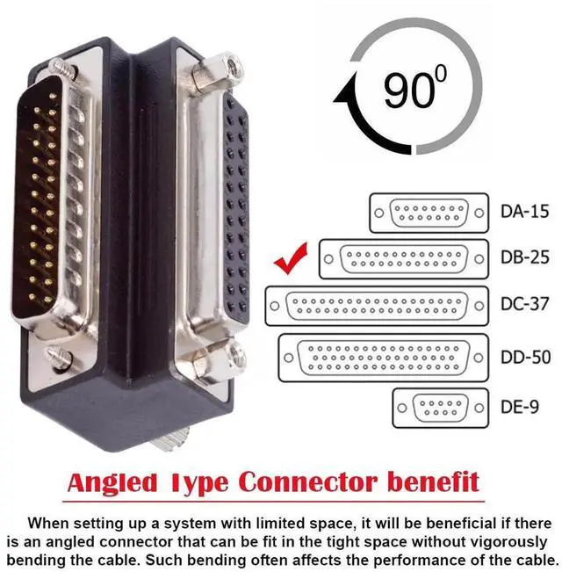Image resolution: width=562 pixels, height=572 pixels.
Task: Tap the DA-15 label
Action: click(x=524, y=212)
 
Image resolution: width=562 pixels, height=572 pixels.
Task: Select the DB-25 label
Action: click(x=524, y=259)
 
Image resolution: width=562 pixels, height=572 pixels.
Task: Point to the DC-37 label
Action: click(x=524, y=305)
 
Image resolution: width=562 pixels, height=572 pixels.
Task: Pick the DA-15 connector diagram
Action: click(x=429, y=213)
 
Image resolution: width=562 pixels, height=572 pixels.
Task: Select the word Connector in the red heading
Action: click(x=302, y=482)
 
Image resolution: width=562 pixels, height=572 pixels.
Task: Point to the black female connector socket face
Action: click(x=235, y=211)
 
